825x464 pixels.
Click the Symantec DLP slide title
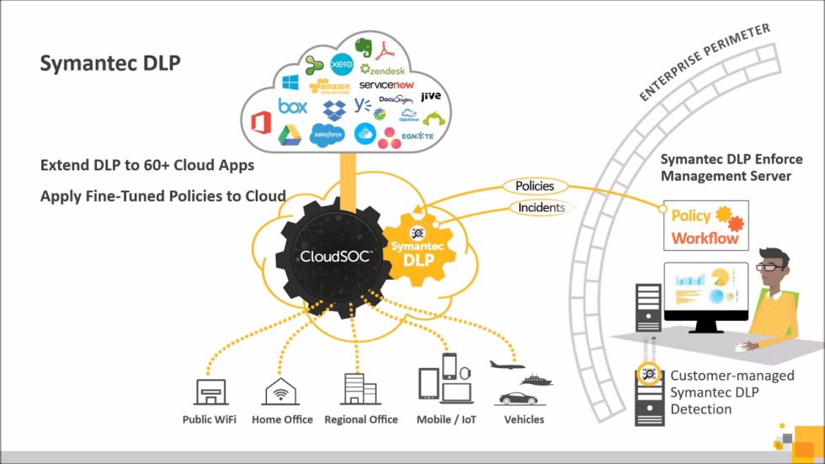110,64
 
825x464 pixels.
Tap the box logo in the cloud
292,107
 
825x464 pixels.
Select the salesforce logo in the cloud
327,134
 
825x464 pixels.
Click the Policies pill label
535,185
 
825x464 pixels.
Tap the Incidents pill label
540,207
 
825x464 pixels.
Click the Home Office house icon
282,391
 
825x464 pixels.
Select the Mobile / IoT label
447,419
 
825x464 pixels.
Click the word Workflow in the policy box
705,238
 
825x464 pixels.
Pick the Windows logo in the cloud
290,83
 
